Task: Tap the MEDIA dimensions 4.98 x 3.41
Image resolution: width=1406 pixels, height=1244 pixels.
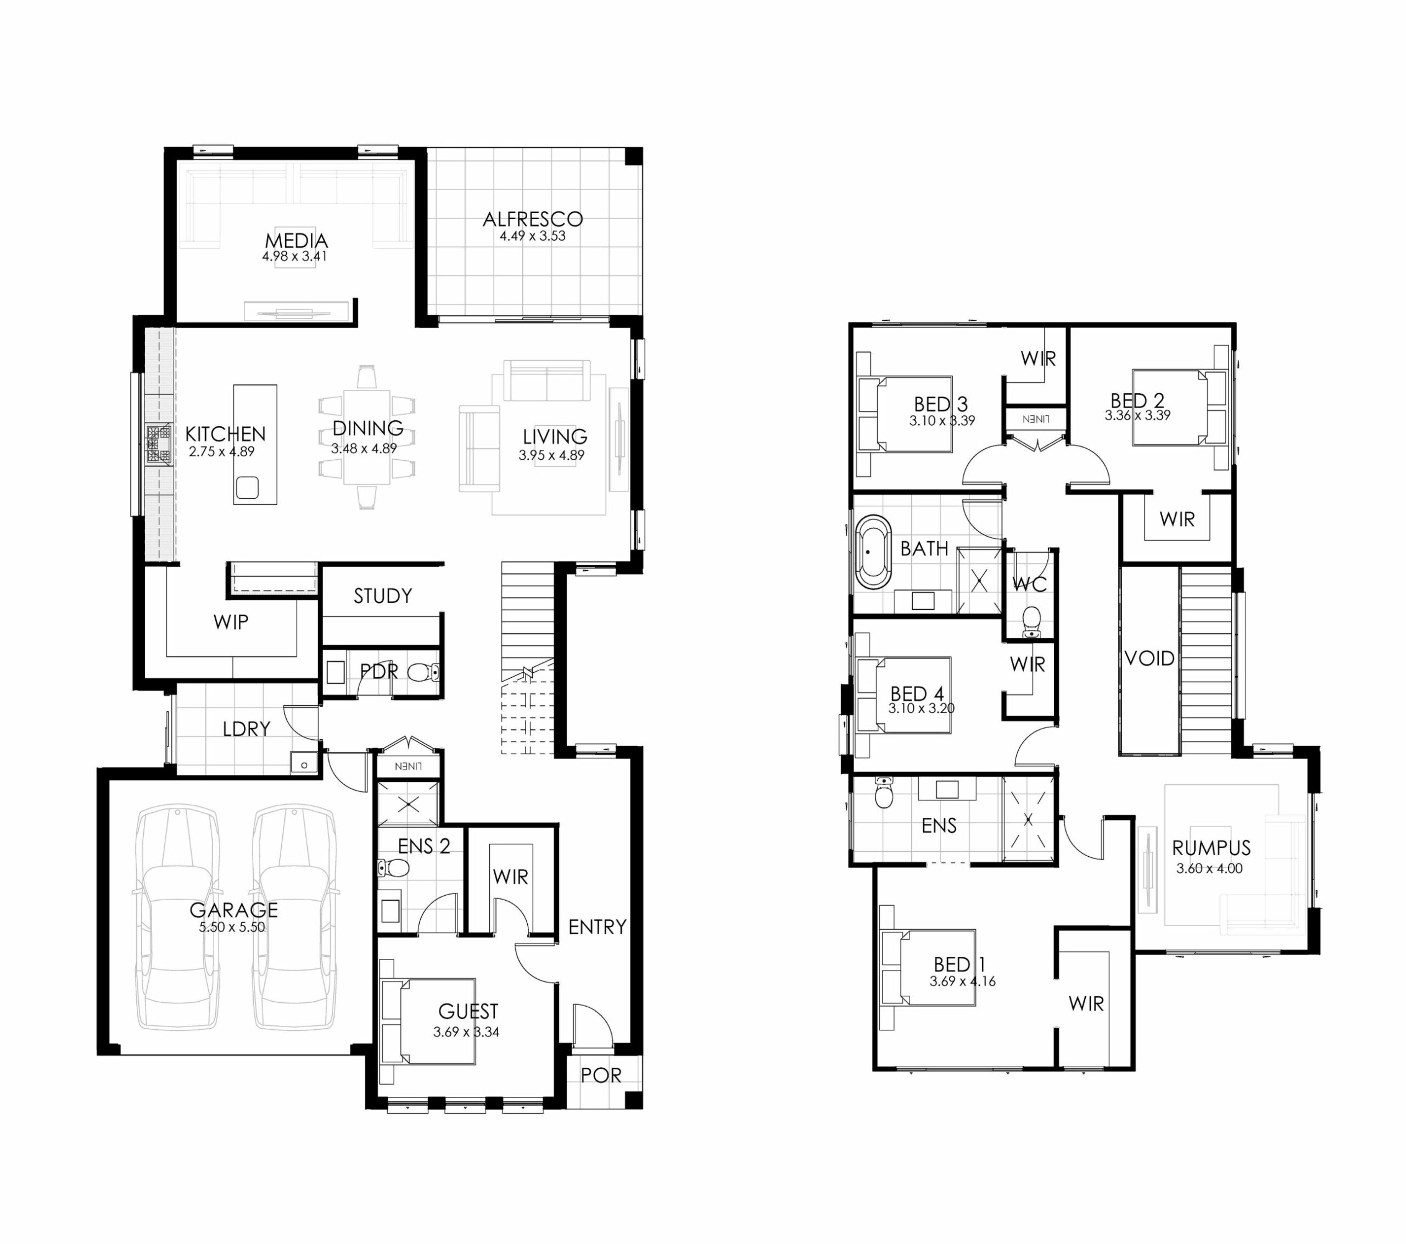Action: point(294,256)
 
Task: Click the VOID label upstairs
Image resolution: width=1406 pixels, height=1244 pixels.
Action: point(1150,659)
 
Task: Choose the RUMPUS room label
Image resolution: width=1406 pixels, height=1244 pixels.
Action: point(1212,847)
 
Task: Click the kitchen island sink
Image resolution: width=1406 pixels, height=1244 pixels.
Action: point(247,488)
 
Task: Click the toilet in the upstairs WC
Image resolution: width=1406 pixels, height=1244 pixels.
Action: point(1031,621)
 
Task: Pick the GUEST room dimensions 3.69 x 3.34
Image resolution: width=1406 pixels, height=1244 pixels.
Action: point(466,1032)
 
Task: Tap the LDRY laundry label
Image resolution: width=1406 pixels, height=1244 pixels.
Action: point(246,729)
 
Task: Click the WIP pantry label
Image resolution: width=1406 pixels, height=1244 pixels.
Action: point(231,622)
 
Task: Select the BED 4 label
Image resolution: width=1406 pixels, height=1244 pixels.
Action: point(917,694)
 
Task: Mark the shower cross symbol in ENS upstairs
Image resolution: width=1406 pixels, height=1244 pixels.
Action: point(1028,819)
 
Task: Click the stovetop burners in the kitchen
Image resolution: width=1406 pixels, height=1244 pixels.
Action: point(158,446)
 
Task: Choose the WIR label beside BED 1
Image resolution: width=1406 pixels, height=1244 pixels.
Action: point(1086,1004)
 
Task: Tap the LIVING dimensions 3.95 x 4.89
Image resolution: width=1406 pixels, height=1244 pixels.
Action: point(551,455)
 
